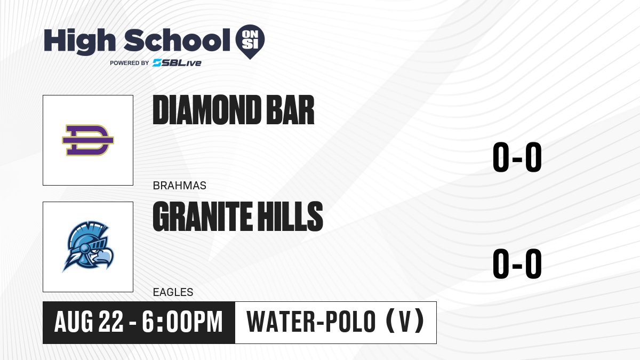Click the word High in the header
(x=79, y=41)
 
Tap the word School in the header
(x=177, y=40)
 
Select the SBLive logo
(x=177, y=63)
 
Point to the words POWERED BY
(x=130, y=63)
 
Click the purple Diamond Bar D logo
(x=88, y=140)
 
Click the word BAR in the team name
(x=290, y=110)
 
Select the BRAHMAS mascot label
(x=179, y=186)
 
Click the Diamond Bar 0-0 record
(x=517, y=157)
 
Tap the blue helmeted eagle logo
(x=88, y=246)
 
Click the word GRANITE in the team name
(x=203, y=217)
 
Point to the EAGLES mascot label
(x=173, y=292)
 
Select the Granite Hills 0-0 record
(x=517, y=263)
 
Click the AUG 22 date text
(x=89, y=322)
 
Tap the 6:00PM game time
(x=182, y=322)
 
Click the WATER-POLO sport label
(x=311, y=322)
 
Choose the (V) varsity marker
(x=405, y=321)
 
